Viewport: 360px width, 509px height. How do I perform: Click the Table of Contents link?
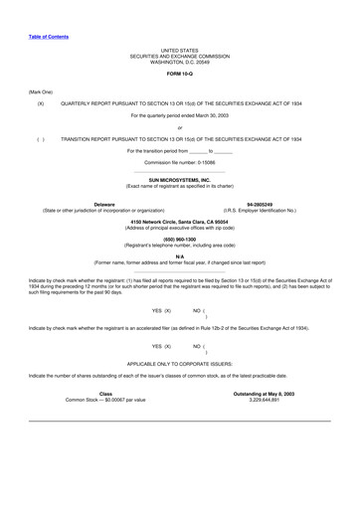point(48,36)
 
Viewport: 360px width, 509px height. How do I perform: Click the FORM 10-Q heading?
point(180,74)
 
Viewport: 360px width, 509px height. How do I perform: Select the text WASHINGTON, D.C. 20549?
point(180,62)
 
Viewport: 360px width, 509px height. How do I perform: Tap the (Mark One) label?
point(41,90)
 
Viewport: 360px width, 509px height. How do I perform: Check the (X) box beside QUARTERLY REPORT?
point(40,102)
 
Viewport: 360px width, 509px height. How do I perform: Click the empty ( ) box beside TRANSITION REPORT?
point(40,138)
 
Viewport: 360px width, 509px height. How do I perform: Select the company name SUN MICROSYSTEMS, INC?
point(180,180)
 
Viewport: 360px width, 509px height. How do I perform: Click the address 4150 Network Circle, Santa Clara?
point(180,221)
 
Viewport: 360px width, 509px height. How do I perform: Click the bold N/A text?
point(180,256)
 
